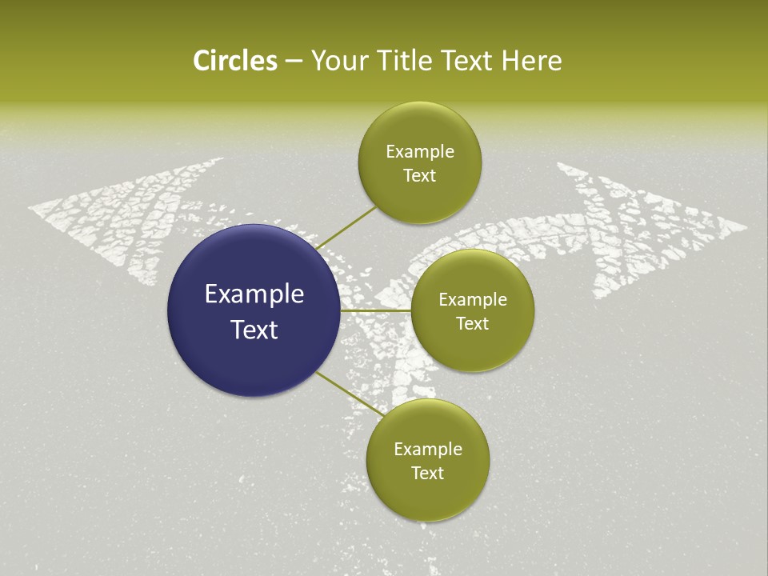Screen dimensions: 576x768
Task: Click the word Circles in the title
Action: pyautogui.click(x=234, y=61)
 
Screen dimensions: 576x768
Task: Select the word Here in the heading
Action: pyautogui.click(x=532, y=61)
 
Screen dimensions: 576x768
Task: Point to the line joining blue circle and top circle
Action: pyautogui.click(x=346, y=227)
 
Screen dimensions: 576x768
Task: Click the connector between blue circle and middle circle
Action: pyautogui.click(x=375, y=310)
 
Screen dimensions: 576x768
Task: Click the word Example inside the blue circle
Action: pyautogui.click(x=254, y=294)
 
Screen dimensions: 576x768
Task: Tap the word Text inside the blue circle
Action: pyautogui.click(x=254, y=330)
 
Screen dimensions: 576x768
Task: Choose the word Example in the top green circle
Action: pyautogui.click(x=419, y=152)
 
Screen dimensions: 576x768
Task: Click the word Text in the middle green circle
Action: pyautogui.click(x=472, y=323)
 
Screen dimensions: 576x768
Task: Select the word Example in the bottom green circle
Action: pyautogui.click(x=428, y=450)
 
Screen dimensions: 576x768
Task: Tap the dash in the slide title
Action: pyautogui.click(x=294, y=62)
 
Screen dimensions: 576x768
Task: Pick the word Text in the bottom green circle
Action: pyautogui.click(x=427, y=473)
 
